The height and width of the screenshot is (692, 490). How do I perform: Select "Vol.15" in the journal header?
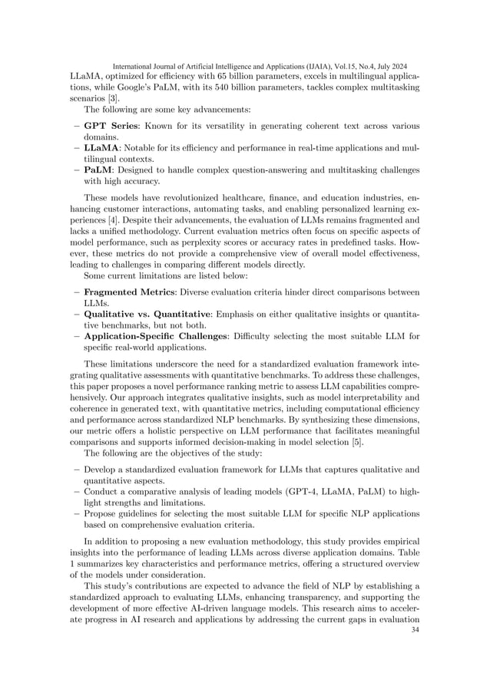tap(342, 66)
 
